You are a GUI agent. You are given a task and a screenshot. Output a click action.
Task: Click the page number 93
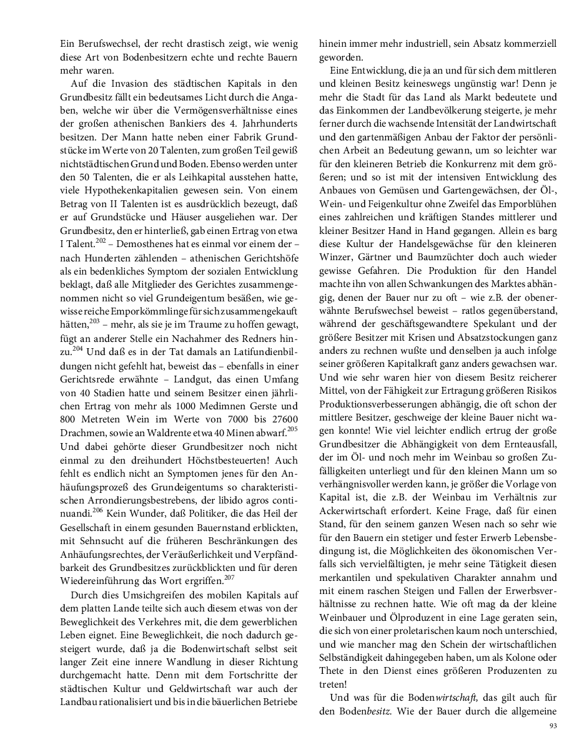pos(553,726)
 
